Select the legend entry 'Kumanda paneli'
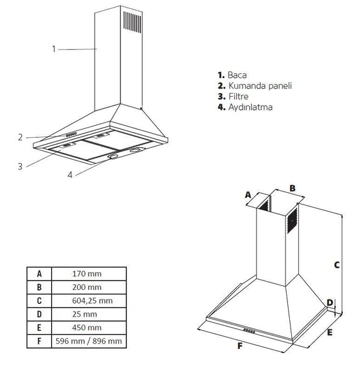point(255,86)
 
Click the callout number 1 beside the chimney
point(54,49)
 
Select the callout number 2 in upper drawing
point(20,137)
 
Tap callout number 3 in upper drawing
point(20,166)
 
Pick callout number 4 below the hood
point(70,175)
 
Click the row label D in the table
point(39,314)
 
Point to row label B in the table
point(39,287)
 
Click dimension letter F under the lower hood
point(240,346)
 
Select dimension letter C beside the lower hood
point(337,265)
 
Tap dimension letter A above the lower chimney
point(248,195)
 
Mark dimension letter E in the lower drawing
point(330,331)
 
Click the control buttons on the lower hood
point(249,329)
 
